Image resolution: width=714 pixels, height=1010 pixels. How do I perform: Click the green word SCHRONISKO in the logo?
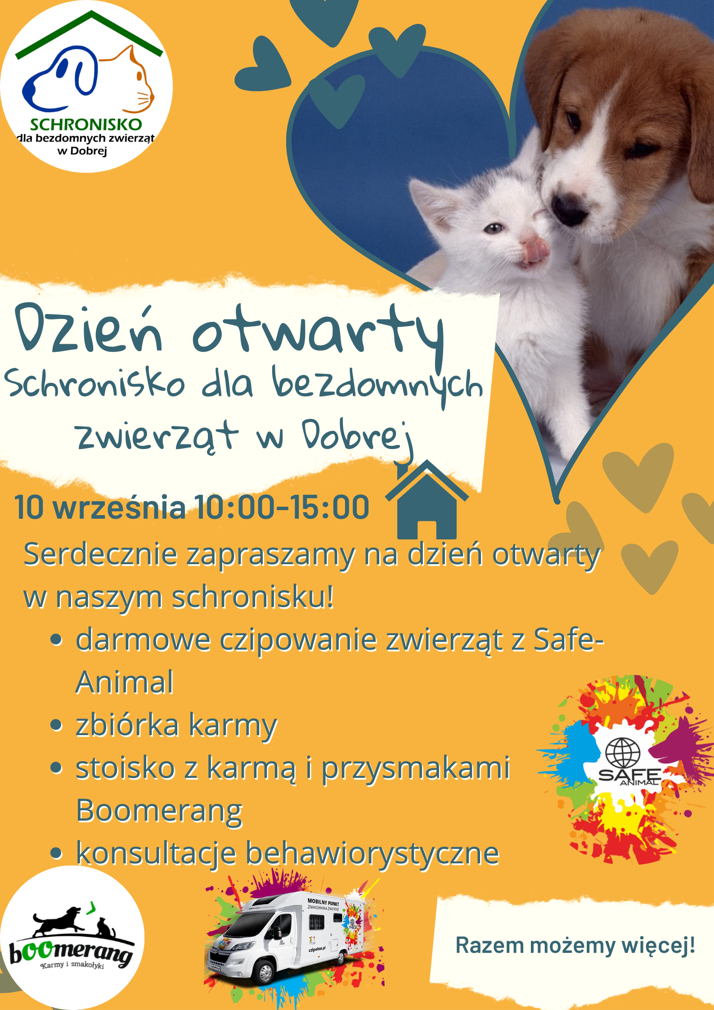pos(86,125)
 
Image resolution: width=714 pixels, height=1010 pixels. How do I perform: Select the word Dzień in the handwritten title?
pos(88,328)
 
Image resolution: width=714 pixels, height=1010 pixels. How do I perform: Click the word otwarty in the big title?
pos(319,335)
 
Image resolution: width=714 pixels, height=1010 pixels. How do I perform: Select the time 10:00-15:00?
pos(282,507)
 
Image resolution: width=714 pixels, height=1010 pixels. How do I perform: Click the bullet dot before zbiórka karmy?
pos(56,725)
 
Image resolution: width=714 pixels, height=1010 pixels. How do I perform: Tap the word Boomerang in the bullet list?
pos(159,811)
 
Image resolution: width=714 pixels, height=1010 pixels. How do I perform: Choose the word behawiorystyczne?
pos(373,853)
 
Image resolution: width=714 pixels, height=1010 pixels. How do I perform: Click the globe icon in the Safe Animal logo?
pos(623,752)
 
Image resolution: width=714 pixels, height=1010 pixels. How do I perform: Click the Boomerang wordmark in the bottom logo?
pos(71,952)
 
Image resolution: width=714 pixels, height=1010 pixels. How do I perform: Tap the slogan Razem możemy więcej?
pos(575,945)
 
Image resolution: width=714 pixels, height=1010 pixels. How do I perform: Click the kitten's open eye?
pos(494,228)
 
